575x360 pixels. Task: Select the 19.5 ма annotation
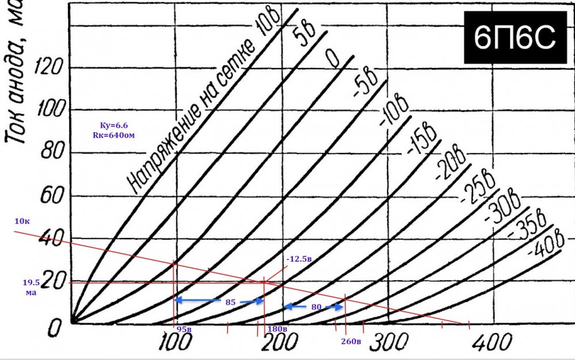click(x=30, y=288)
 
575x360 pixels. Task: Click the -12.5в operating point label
click(x=298, y=259)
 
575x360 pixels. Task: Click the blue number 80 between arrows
click(x=316, y=307)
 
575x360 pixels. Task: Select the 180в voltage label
click(x=277, y=329)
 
